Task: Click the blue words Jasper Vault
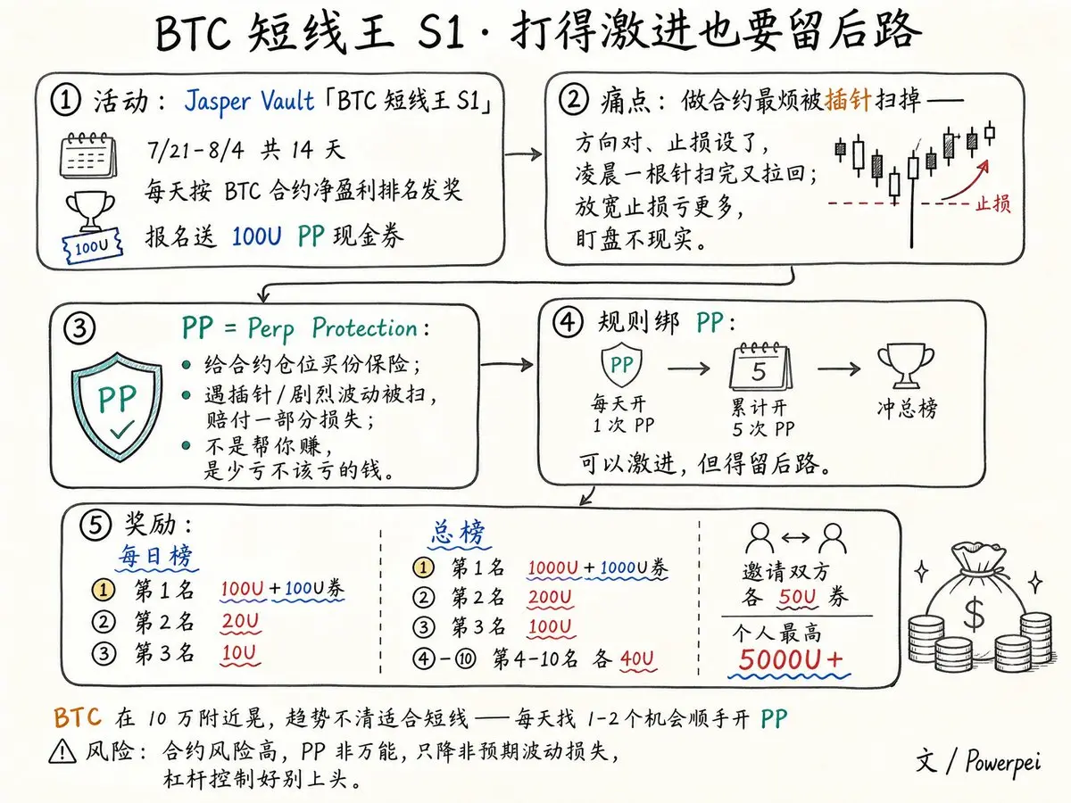click(249, 102)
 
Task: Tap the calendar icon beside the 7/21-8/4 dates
click(88, 155)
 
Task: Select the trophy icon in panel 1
click(90, 211)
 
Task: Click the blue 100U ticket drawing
click(92, 245)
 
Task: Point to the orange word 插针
click(848, 100)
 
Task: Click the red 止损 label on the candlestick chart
click(992, 203)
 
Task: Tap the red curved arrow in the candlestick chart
click(966, 180)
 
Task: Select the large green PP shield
click(117, 406)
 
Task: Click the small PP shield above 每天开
click(621, 364)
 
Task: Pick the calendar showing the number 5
click(760, 367)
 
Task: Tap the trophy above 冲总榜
click(906, 366)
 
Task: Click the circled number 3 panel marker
click(79, 327)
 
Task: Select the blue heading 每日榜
click(156, 556)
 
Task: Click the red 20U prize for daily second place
click(240, 621)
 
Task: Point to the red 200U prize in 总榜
click(550, 597)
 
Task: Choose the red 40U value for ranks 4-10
click(637, 658)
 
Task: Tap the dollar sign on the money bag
click(974, 612)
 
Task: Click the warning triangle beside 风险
click(62, 751)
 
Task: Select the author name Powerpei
click(1002, 763)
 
